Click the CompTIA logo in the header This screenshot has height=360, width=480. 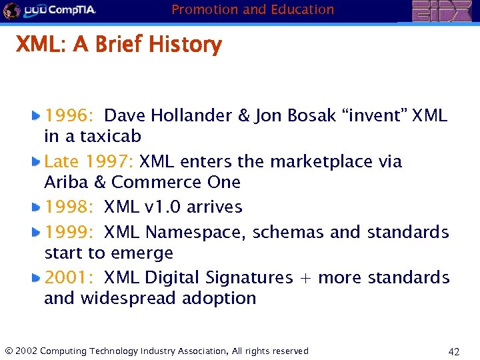[x=50, y=10]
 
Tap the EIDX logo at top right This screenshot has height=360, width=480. [x=441, y=11]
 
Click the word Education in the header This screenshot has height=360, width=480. [x=303, y=9]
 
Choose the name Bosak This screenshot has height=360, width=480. [x=311, y=115]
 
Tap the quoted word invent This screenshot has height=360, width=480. [x=375, y=115]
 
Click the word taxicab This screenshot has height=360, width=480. [x=111, y=137]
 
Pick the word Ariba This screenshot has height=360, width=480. [x=65, y=182]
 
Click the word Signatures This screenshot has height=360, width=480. [x=249, y=277]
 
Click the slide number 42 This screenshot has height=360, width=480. [x=454, y=351]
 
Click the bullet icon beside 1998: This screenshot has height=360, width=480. [x=37, y=207]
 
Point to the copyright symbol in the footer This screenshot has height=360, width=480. [x=8, y=351]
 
